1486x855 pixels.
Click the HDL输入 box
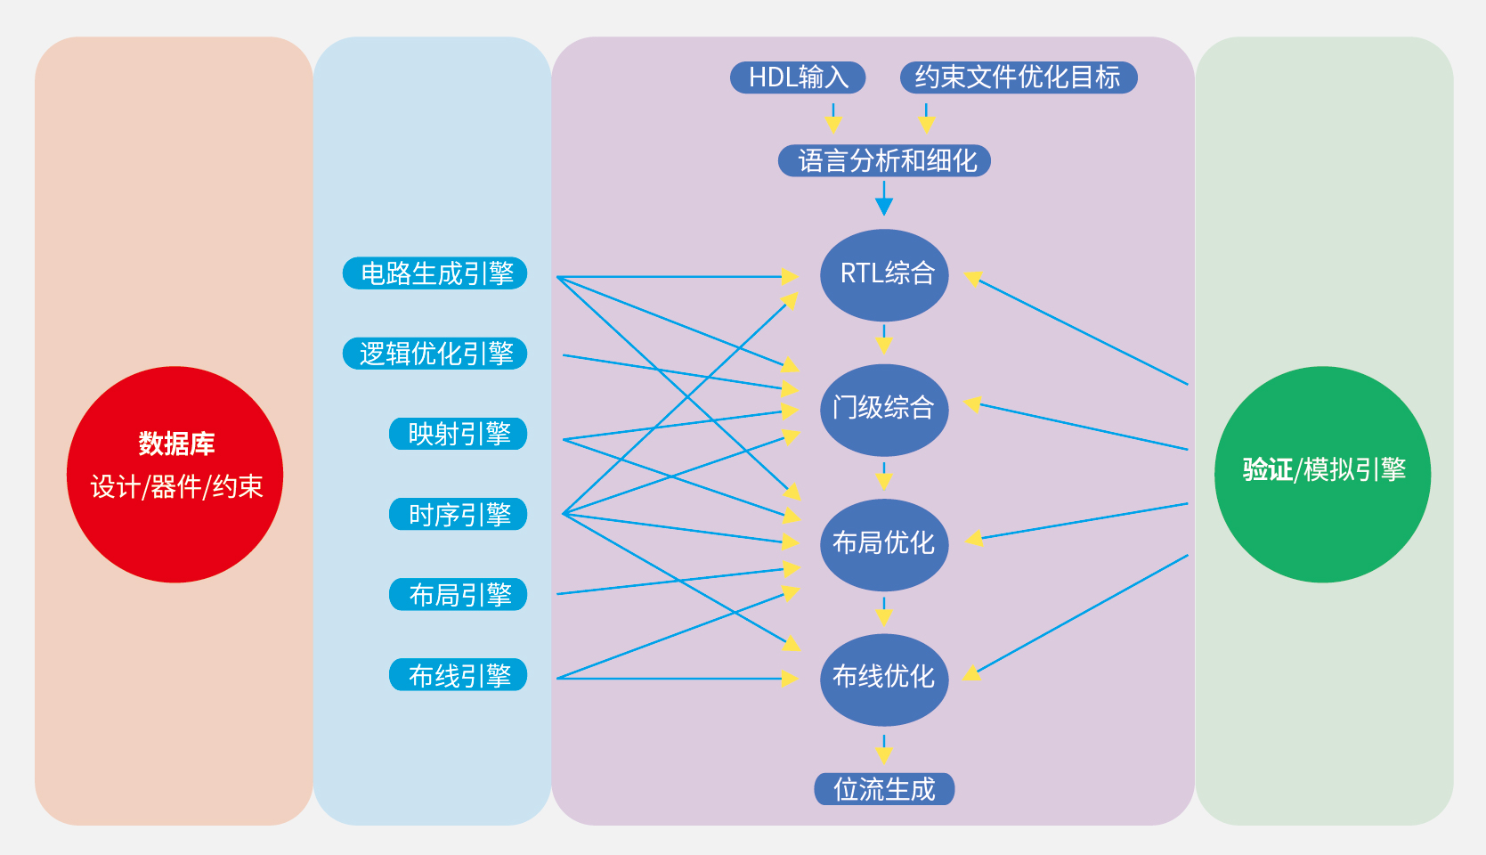798,77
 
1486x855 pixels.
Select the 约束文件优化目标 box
1018,77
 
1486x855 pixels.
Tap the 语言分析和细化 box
884,161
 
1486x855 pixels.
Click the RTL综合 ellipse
884,274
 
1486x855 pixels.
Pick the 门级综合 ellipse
884,409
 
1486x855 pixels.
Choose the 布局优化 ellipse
884,543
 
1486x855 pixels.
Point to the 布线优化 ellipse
884,679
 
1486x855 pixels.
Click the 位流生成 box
884,789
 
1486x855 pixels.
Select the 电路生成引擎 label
435,273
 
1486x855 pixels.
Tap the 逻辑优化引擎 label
435,354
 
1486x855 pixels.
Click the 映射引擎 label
459,434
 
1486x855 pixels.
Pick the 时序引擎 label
459,514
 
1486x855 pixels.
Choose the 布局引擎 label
459,594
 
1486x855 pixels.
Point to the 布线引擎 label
459,674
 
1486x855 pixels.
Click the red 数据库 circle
175,474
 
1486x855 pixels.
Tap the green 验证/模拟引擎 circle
1322,474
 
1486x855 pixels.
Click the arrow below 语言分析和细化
884,199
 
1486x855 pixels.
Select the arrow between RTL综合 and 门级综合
884,340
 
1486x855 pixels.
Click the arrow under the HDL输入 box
833,118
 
